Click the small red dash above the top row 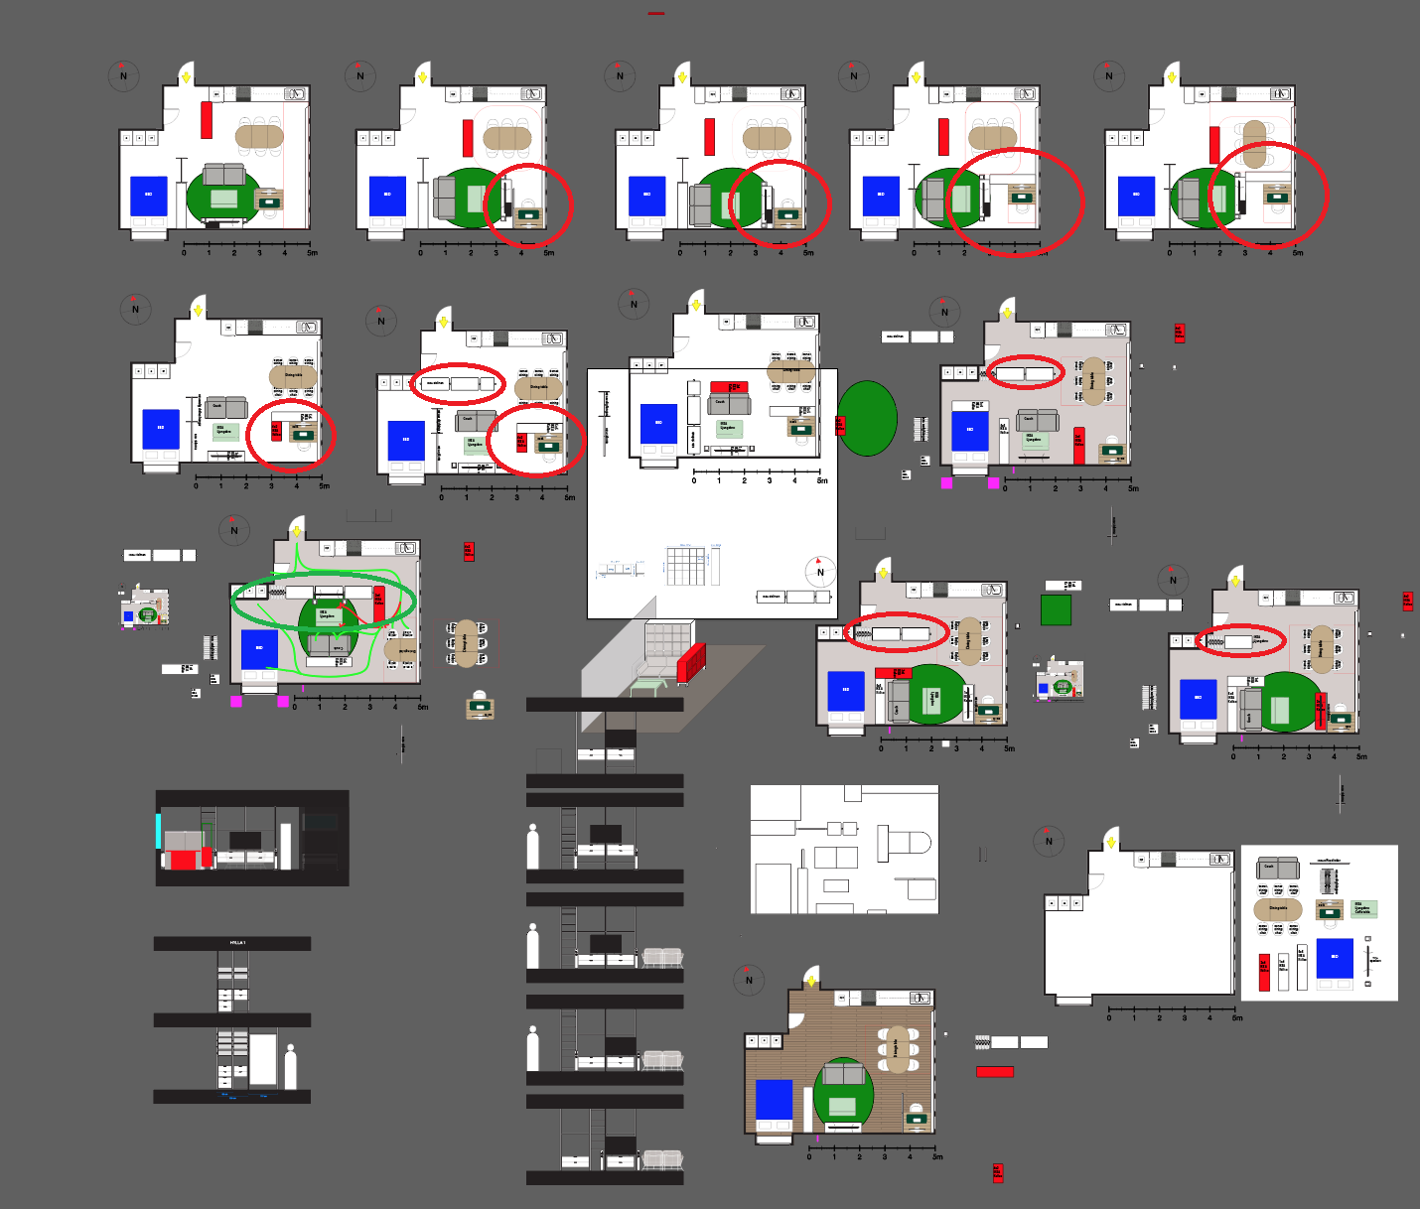click(656, 14)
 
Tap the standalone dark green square click(1056, 609)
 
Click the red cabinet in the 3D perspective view click(691, 662)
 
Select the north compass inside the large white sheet click(819, 572)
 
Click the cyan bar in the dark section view click(158, 831)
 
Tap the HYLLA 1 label click(237, 942)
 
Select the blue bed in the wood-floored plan click(775, 1100)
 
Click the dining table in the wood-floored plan click(897, 1049)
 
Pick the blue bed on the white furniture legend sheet click(1335, 957)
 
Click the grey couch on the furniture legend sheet click(1278, 869)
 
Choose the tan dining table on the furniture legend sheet click(1278, 908)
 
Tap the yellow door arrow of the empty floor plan click(1111, 843)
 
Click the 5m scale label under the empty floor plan click(1236, 1017)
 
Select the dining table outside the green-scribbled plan click(466, 643)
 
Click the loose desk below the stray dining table click(481, 707)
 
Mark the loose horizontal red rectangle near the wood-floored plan click(994, 1072)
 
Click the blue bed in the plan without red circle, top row click(149, 196)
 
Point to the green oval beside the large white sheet click(868, 418)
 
